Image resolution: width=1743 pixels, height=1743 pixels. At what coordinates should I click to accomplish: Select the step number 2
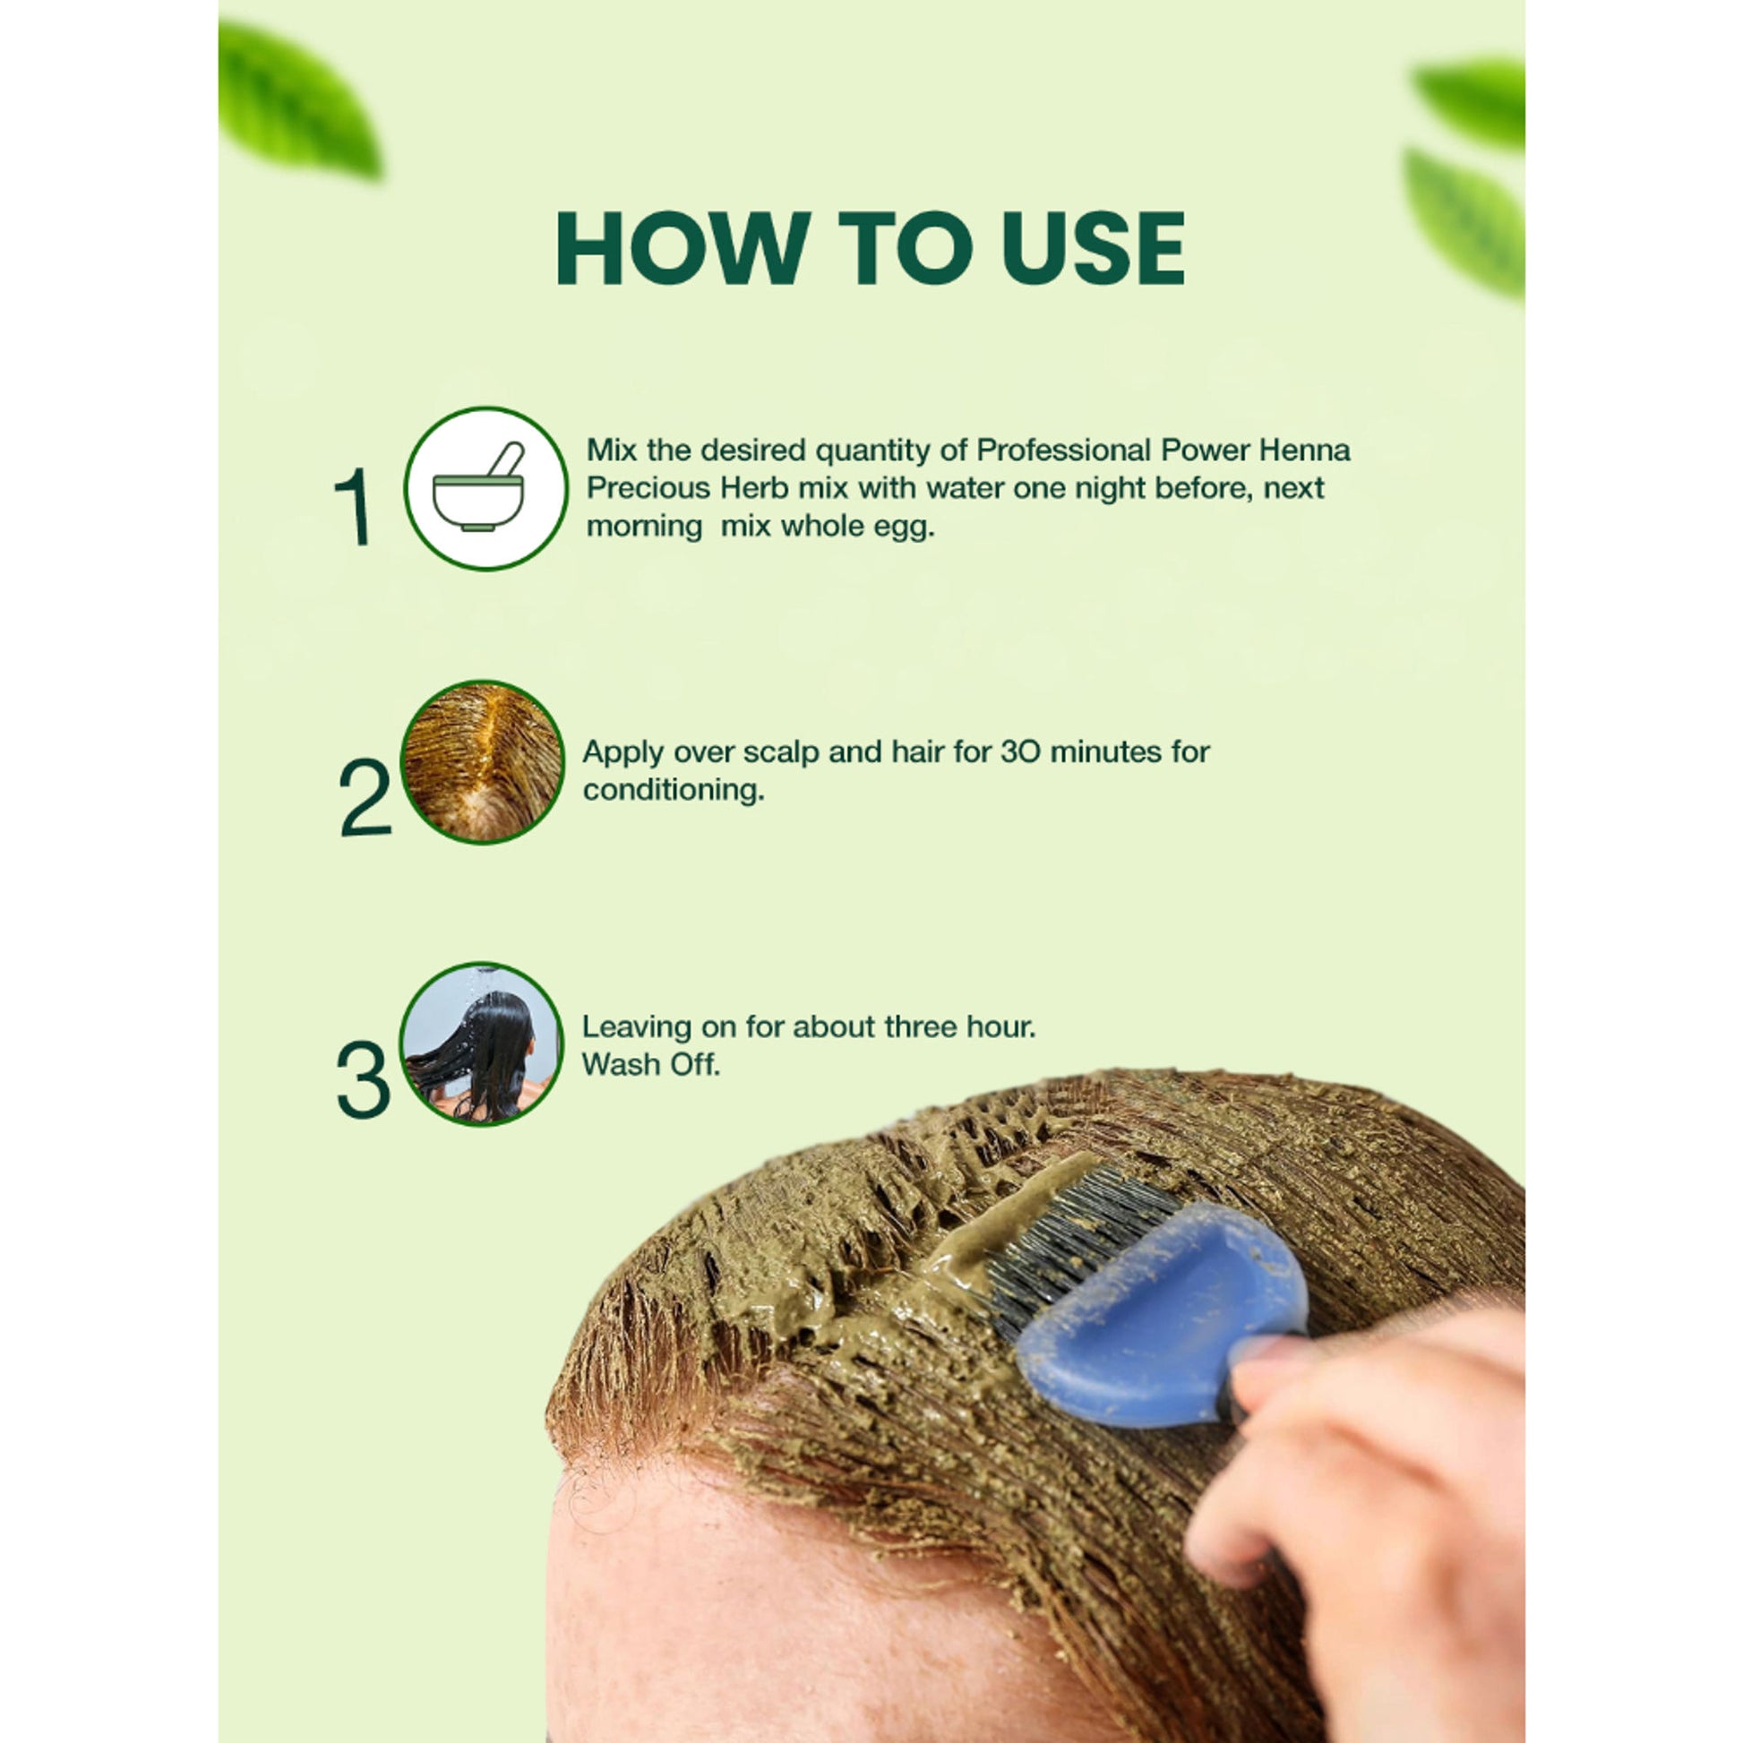pos(365,797)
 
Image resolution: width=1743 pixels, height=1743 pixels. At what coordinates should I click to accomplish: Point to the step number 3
pos(363,1080)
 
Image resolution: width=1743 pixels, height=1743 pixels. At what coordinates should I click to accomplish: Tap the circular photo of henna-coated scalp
pos(482,762)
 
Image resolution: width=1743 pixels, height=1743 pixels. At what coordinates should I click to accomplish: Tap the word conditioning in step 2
pos(673,790)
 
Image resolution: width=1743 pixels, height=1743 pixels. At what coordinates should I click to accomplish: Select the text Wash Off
pos(651,1065)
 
